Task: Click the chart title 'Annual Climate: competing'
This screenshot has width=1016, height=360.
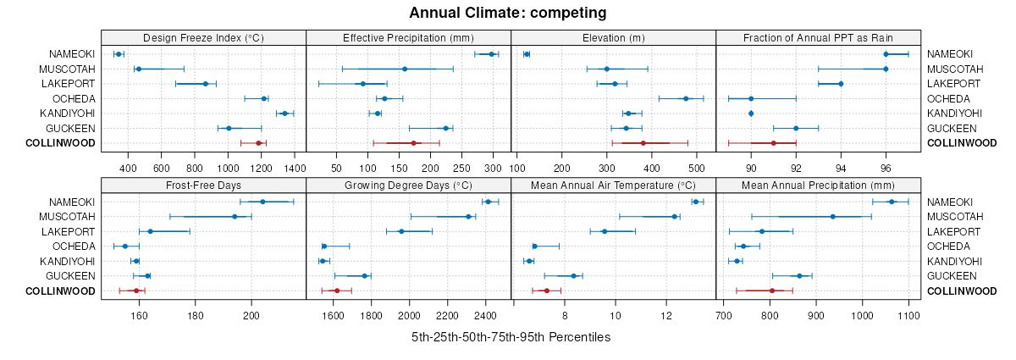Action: coord(508,13)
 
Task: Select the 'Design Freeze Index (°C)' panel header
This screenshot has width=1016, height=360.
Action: coord(203,37)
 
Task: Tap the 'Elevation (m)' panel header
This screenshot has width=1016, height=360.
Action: coord(614,37)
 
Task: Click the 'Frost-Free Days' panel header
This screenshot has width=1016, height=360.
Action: coord(203,185)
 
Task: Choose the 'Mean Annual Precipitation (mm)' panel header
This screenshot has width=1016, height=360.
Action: coord(818,185)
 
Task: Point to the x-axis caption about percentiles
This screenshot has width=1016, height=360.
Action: coord(511,337)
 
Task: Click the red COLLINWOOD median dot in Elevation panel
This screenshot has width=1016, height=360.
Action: coord(643,143)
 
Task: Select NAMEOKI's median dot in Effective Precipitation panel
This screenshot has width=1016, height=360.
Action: coord(491,54)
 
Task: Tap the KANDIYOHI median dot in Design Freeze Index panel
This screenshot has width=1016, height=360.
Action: coord(284,114)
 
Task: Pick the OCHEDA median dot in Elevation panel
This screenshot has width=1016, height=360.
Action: coord(686,98)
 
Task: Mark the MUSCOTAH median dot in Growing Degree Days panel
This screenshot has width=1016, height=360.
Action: coord(468,217)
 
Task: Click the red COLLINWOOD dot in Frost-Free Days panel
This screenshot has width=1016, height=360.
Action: coord(135,291)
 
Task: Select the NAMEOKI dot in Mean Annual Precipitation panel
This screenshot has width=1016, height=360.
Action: coord(892,202)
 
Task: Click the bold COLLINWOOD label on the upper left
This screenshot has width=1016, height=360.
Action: coord(60,143)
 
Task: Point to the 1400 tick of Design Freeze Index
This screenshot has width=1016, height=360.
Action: coord(295,169)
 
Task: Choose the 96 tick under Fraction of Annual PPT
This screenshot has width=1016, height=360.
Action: coord(886,169)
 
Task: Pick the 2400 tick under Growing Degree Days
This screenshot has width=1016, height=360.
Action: coord(485,316)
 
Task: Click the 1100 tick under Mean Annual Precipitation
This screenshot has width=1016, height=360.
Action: coord(908,316)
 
